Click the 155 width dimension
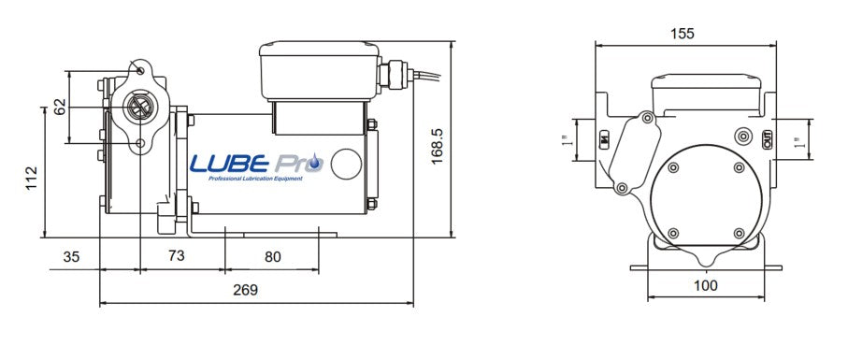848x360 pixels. pos(683,34)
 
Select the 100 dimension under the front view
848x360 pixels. pos(707,285)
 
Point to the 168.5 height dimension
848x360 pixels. pos(436,145)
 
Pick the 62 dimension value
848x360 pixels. pos(60,107)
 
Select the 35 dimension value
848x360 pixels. pos(71,255)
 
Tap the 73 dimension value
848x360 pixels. pos(174,255)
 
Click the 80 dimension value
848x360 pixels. pos(272,255)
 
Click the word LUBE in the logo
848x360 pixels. pos(230,163)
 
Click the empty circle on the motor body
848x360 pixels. pos(348,164)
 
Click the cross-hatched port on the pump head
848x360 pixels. pos(138,107)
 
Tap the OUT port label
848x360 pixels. pos(767,139)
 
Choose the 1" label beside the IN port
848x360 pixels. pos(567,141)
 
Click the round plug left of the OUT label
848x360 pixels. pos(744,135)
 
